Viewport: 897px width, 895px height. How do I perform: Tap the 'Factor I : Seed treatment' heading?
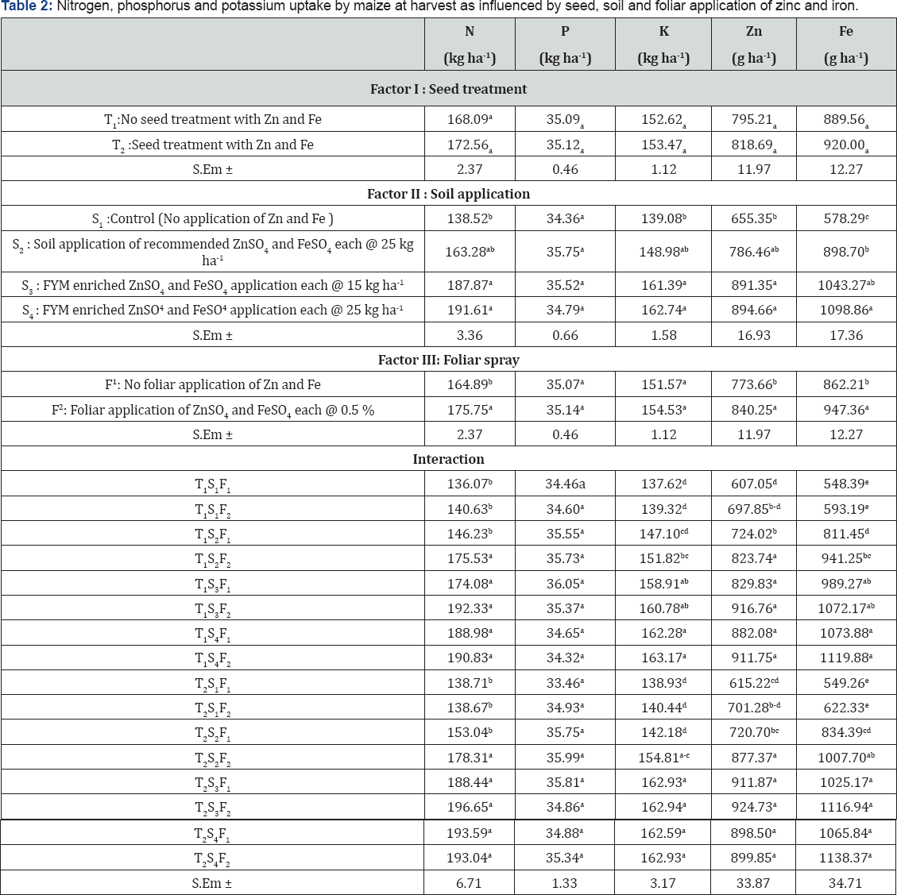tap(448, 89)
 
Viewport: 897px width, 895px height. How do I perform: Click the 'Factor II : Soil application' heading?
tap(448, 194)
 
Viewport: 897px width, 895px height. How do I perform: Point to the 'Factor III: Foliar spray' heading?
tap(448, 360)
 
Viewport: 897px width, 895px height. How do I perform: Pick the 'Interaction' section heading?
tap(448, 459)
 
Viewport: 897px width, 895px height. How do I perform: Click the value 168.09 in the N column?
tap(469, 120)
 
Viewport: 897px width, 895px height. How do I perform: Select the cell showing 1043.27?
tap(845, 285)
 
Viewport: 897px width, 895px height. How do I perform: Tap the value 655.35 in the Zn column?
tap(753, 219)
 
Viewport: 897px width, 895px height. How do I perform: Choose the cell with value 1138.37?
tap(845, 858)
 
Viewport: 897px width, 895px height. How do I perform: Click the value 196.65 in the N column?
tap(469, 808)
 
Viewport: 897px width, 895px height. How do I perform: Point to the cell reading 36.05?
tap(564, 584)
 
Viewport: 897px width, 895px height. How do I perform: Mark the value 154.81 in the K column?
tap(663, 758)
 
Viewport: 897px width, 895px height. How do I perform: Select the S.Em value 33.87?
tap(753, 883)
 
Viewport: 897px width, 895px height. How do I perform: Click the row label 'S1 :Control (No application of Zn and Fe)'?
tap(212, 219)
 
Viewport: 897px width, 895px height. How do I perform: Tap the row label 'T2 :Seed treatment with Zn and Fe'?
tap(212, 145)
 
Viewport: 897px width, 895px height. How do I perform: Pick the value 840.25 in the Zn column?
tap(753, 411)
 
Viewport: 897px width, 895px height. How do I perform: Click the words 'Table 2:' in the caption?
tap(27, 7)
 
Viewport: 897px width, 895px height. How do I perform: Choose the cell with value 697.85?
tap(753, 509)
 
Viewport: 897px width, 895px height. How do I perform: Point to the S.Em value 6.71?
tap(469, 883)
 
